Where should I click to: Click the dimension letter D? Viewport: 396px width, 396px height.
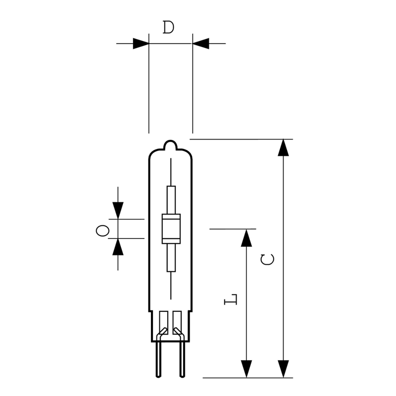168,27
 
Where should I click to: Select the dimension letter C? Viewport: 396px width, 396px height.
267,259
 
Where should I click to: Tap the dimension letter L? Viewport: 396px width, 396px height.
231,299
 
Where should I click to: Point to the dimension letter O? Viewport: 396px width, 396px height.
102,231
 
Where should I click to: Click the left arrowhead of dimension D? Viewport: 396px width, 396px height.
141,44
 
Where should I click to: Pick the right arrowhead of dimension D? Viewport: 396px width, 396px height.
201,44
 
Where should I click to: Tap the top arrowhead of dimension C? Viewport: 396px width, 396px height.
283,148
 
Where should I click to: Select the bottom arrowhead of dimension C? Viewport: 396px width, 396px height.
283,369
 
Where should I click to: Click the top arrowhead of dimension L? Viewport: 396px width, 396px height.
246,238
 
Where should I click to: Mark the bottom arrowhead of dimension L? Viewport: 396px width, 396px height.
246,369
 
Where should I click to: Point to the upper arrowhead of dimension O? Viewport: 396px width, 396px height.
118,211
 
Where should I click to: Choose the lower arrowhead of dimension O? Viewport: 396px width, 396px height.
118,247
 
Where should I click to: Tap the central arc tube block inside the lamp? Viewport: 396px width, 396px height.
171,229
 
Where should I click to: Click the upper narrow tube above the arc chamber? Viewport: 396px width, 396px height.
171,200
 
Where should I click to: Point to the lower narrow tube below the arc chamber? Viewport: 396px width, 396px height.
171,258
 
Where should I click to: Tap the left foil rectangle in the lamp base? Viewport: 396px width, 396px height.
164,323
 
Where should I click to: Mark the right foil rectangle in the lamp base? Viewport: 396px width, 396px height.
177,323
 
